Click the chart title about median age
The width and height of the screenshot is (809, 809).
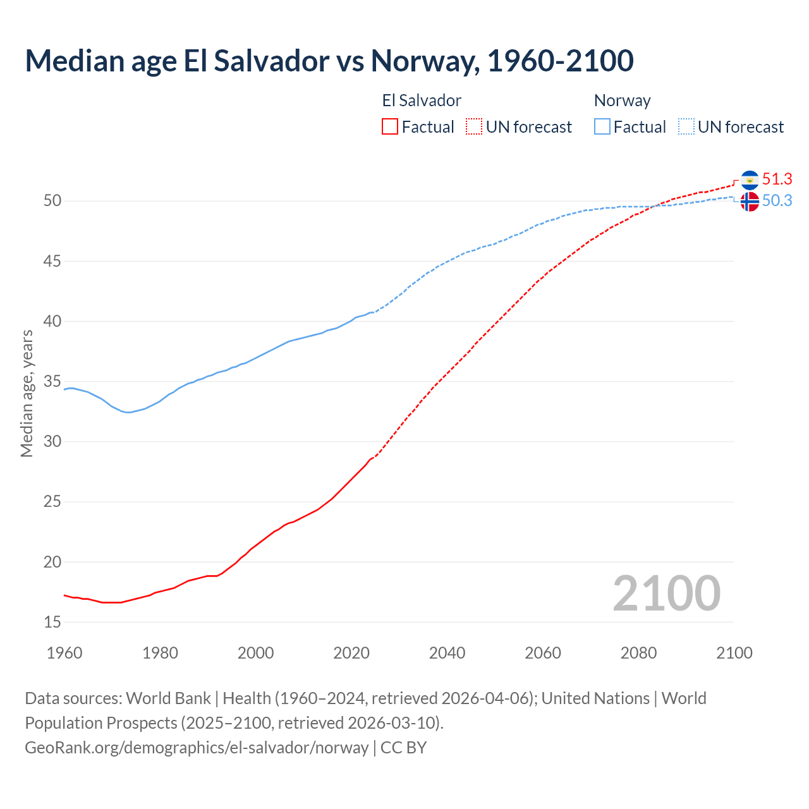click(x=329, y=61)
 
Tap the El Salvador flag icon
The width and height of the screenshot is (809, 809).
click(x=750, y=180)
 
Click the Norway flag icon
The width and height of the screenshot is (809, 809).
click(x=750, y=202)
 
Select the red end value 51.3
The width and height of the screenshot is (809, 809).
click(x=777, y=179)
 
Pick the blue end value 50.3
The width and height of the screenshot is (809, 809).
click(x=777, y=201)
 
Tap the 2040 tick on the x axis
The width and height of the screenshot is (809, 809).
click(x=447, y=653)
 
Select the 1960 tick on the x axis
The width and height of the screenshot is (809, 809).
click(x=64, y=653)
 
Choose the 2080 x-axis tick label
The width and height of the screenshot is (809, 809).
click(x=638, y=653)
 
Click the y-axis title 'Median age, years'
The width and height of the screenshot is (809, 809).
click(x=27, y=393)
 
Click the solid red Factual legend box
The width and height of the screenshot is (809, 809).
click(x=390, y=127)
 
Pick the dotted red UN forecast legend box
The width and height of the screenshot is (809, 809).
click(x=474, y=127)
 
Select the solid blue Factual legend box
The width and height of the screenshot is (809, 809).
click(x=602, y=127)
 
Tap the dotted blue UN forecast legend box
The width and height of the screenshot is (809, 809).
click(x=686, y=127)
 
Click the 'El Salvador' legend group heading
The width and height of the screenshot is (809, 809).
click(x=422, y=100)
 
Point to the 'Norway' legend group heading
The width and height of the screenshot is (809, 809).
click(x=622, y=100)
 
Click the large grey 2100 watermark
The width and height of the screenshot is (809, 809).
click(x=666, y=593)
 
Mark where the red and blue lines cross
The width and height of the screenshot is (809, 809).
click(x=652, y=206)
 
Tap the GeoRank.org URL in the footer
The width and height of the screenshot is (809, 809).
click(x=197, y=747)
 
